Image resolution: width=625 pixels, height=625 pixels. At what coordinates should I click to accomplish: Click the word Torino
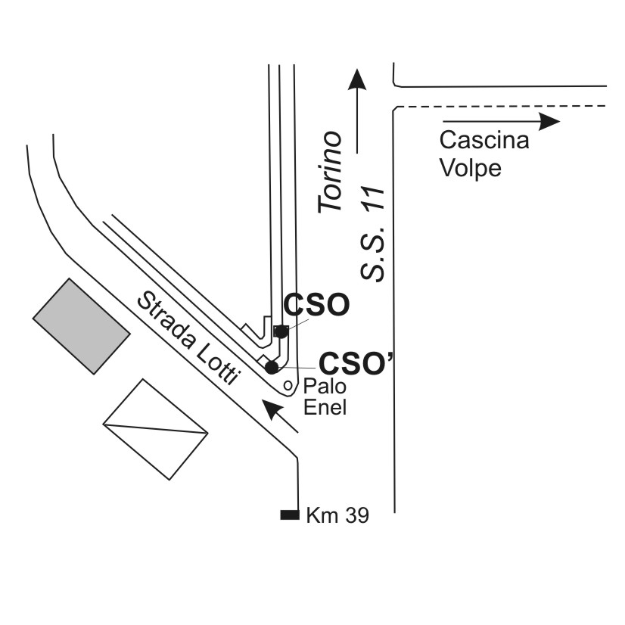tap(330, 172)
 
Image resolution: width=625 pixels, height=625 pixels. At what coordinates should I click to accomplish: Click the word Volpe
tap(471, 168)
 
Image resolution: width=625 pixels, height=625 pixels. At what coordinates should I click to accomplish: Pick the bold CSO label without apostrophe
tap(316, 305)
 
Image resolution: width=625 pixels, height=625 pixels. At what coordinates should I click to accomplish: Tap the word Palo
tap(325, 387)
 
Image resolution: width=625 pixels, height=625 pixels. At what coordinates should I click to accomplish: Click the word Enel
tap(325, 408)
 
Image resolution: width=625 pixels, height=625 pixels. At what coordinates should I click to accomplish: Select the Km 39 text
tap(337, 516)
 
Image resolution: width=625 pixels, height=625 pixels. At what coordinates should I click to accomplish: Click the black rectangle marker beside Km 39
tap(289, 515)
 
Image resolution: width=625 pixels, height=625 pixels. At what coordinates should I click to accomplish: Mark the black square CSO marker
tap(281, 331)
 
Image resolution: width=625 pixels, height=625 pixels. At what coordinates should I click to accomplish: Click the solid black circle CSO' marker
tap(272, 367)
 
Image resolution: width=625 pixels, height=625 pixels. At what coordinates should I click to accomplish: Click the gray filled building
tap(81, 325)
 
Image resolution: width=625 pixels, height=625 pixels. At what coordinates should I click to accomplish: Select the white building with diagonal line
tap(156, 428)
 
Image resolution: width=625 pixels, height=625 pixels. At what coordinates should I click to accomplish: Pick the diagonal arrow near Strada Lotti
tap(278, 416)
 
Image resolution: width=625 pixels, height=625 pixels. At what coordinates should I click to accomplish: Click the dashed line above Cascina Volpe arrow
tap(499, 107)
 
